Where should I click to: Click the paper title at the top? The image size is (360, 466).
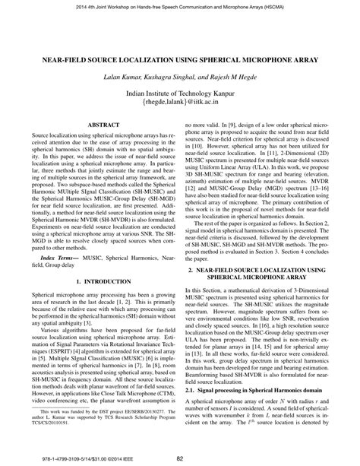click(x=180, y=59)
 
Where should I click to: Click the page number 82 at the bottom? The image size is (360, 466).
click(x=180, y=458)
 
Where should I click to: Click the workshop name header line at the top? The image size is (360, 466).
click(x=180, y=6)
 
